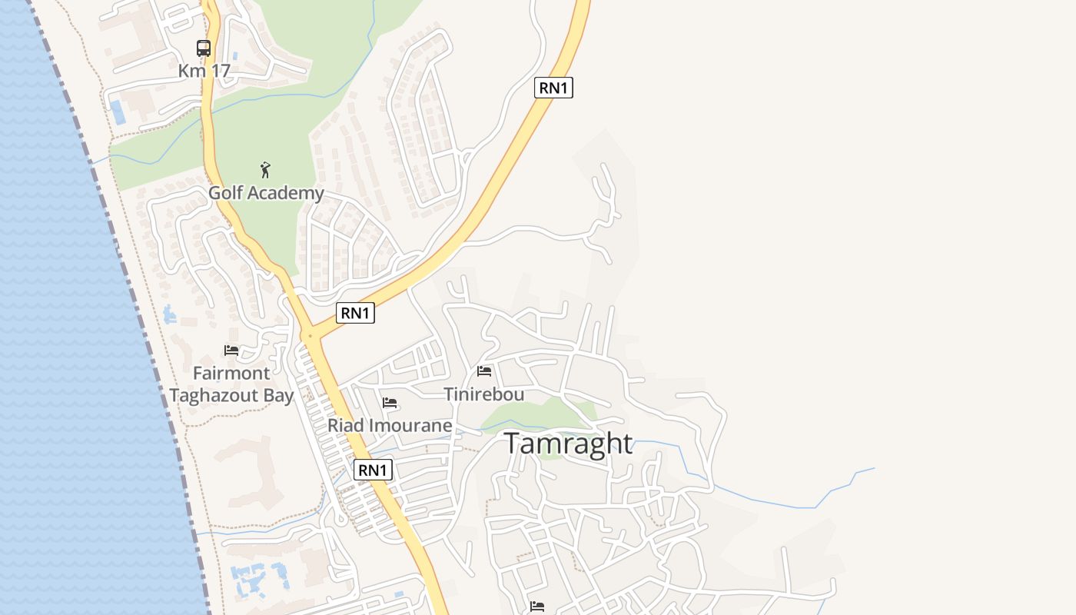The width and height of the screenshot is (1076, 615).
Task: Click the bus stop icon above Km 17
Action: pyautogui.click(x=204, y=48)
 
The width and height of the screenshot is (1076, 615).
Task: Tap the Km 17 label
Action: pyautogui.click(x=204, y=71)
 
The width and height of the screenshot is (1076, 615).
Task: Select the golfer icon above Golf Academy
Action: pyautogui.click(x=265, y=170)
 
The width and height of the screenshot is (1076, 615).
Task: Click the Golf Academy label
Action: pyautogui.click(x=266, y=192)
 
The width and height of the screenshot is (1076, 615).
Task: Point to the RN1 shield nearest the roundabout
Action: pyautogui.click(x=355, y=313)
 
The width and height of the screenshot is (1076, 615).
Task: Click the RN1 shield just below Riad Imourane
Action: pyautogui.click(x=373, y=470)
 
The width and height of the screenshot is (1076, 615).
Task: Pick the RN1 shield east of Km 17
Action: pyautogui.click(x=553, y=88)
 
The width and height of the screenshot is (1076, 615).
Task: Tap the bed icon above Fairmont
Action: pyautogui.click(x=231, y=351)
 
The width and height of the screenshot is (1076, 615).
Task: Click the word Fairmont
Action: pyautogui.click(x=231, y=374)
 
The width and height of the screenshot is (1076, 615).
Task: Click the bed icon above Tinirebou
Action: pyautogui.click(x=484, y=371)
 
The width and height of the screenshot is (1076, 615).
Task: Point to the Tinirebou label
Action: pyautogui.click(x=484, y=394)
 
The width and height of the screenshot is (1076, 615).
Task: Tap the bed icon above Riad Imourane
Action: pyautogui.click(x=390, y=403)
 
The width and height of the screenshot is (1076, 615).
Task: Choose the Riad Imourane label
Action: pyautogui.click(x=390, y=425)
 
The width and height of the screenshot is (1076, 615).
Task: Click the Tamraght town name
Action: pyautogui.click(x=569, y=444)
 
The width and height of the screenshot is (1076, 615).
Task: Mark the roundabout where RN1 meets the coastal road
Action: pyautogui.click(x=311, y=336)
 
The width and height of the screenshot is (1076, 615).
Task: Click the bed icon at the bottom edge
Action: pyautogui.click(x=537, y=607)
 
